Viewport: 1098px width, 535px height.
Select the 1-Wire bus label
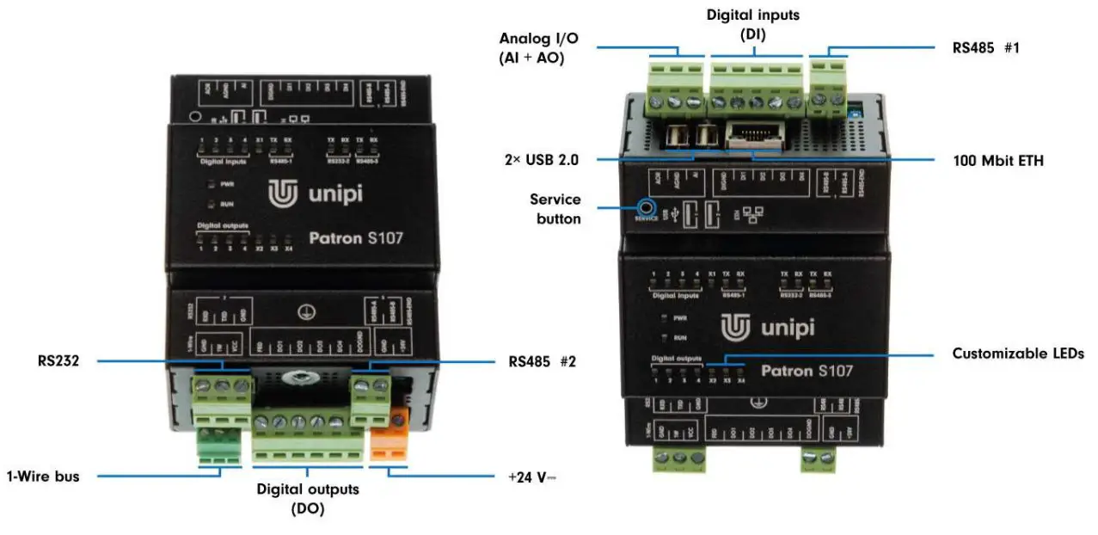(x=43, y=476)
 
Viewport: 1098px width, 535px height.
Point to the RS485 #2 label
(x=541, y=362)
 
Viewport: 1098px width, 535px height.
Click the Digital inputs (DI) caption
(x=753, y=25)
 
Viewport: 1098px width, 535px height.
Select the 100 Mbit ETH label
(x=998, y=160)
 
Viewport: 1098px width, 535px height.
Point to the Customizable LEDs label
(x=1018, y=354)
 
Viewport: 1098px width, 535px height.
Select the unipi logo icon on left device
(x=283, y=194)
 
